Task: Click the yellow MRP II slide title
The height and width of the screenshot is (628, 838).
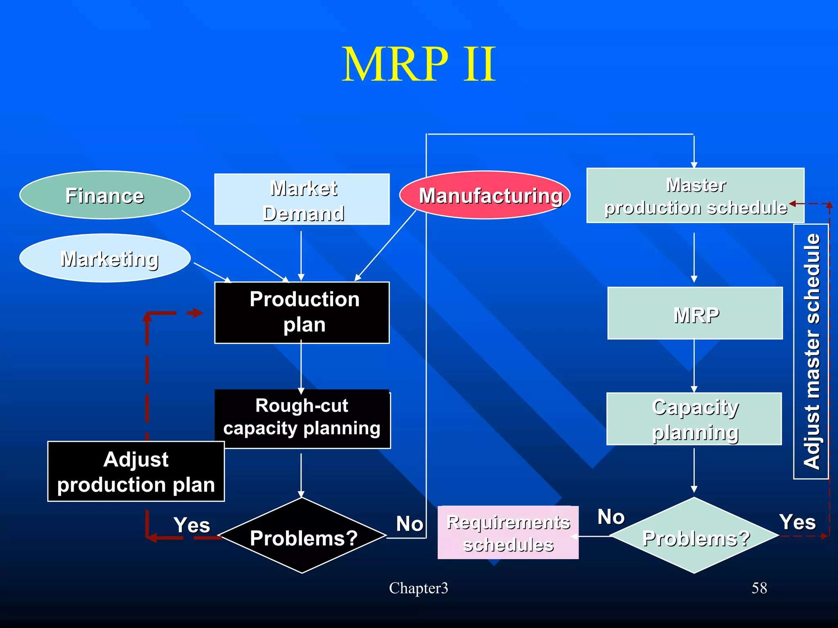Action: (419, 64)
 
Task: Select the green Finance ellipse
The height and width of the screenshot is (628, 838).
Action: (105, 195)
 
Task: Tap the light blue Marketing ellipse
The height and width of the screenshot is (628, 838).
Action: (105, 258)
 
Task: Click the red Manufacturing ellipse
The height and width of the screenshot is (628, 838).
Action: (484, 195)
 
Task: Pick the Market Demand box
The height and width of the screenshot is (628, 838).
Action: (302, 199)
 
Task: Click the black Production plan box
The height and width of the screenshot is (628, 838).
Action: (302, 312)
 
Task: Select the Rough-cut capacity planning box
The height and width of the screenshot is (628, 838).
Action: (302, 418)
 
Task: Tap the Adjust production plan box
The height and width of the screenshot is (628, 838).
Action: (136, 471)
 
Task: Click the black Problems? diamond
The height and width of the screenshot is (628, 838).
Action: (302, 536)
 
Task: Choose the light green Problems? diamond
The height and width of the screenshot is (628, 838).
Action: (694, 536)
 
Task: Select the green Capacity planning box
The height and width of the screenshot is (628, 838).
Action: (694, 419)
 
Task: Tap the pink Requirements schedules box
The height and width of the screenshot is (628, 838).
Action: (508, 533)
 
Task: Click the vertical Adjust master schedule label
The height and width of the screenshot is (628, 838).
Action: (811, 351)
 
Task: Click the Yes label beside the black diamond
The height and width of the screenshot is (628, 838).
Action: (191, 525)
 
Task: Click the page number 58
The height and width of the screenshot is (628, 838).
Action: (759, 588)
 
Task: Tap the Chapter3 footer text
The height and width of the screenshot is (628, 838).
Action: (418, 588)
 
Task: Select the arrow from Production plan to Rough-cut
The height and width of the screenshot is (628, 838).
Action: (301, 366)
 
